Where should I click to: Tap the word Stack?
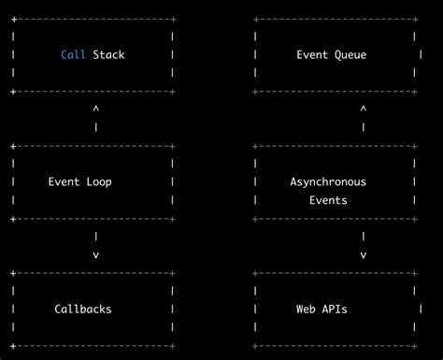pos(108,55)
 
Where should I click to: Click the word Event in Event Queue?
pos(312,55)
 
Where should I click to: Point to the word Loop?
pos(97,181)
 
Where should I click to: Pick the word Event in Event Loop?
pos(64,181)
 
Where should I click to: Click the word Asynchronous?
pos(328,181)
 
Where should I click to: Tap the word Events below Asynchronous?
pos(328,200)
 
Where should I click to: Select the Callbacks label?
pos(83,309)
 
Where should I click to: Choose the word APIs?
pos(334,309)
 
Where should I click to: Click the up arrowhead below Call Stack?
pos(95,109)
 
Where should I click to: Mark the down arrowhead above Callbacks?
pos(95,254)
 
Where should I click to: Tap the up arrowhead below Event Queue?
pos(364,109)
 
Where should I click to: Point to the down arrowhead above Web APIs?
pos(364,254)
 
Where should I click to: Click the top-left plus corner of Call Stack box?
pos(12,19)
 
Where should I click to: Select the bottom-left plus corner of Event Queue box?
pos(256,92)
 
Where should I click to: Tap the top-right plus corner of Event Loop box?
pos(173,146)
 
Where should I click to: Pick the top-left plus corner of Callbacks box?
pos(12,273)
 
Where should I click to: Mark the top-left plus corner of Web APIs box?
pos(256,273)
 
